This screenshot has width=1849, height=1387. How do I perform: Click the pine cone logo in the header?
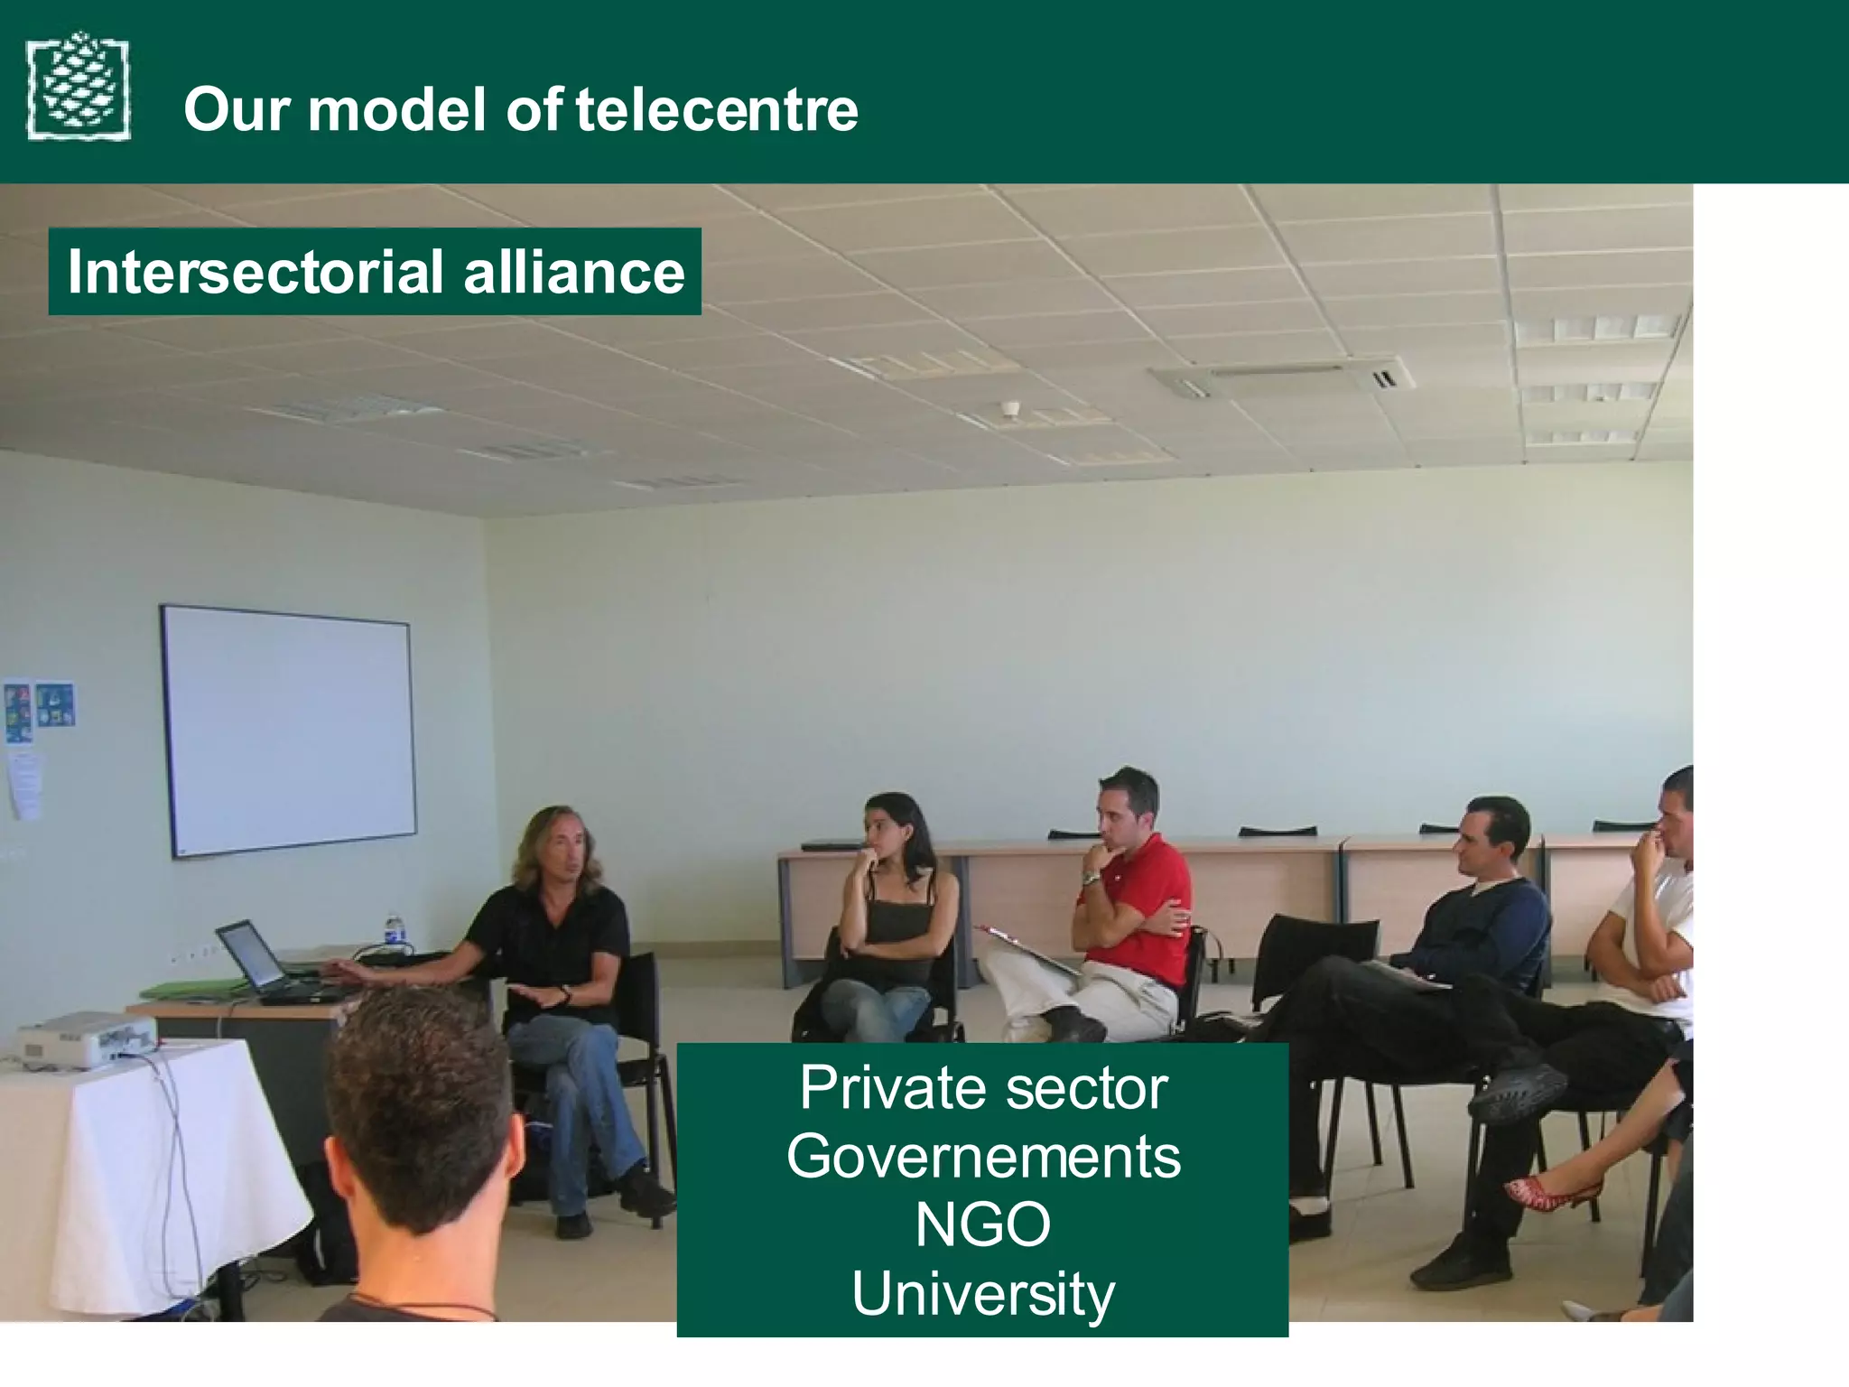tap(79, 87)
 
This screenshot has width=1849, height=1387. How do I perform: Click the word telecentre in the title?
tap(717, 109)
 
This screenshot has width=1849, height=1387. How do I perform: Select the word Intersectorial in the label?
tap(256, 272)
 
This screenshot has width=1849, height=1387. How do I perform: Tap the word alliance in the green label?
tap(574, 272)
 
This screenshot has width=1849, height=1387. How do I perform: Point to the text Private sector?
tap(982, 1088)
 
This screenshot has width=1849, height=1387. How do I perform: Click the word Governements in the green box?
tap(982, 1157)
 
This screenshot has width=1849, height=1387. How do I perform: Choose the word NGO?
tap(982, 1225)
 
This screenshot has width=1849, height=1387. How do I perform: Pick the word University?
tap(982, 1294)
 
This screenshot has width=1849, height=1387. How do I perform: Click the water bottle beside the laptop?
tap(393, 932)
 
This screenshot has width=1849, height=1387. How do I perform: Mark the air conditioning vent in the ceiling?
tap(1282, 376)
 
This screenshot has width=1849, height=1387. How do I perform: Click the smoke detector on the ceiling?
tap(1012, 409)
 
